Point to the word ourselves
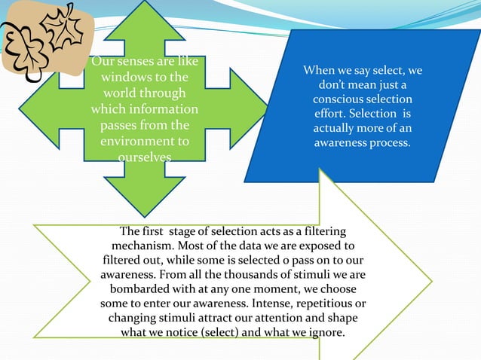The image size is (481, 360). tap(144, 157)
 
